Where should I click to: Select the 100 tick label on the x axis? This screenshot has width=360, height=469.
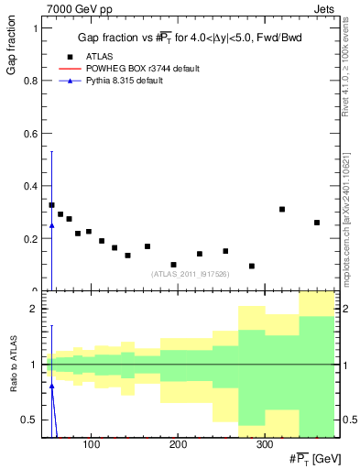coord(91,445)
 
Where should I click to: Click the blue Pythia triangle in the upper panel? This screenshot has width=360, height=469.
coord(51,225)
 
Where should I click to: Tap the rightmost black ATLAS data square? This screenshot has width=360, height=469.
coord(317,223)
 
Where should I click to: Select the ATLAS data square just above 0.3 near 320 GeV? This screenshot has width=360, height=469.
coord(282,209)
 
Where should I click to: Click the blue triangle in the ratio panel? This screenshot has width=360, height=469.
coord(51,386)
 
